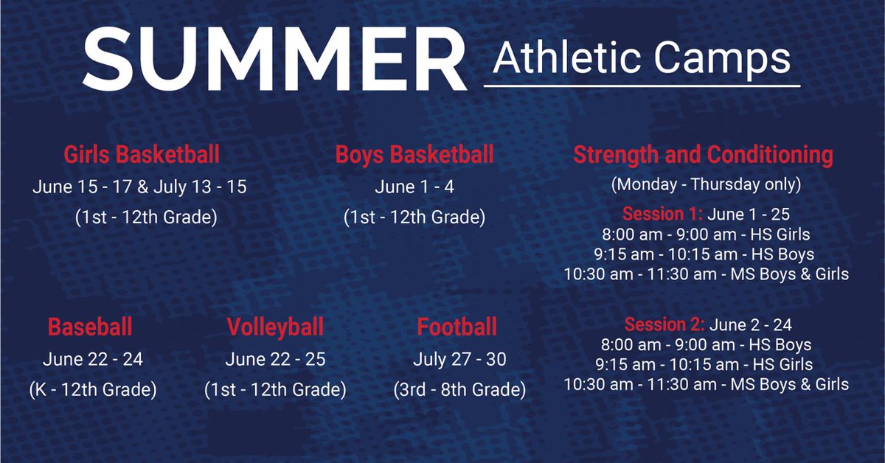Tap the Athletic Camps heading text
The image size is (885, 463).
tap(642, 58)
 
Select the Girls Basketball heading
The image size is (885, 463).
tap(142, 156)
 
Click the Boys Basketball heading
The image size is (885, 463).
tap(414, 156)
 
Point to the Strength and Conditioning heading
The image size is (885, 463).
tap(703, 156)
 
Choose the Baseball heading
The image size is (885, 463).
tap(90, 327)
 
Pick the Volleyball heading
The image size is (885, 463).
tap(275, 327)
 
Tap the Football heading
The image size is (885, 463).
tap(457, 327)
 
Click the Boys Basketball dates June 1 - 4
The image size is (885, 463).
tap(414, 187)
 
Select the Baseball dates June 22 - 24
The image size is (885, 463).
tap(93, 360)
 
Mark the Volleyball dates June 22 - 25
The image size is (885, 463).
tap(275, 360)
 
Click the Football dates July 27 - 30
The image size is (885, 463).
tap(460, 360)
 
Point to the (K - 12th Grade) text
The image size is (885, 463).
tap(92, 389)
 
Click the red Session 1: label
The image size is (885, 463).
tap(664, 215)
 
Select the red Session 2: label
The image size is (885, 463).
tap(664, 324)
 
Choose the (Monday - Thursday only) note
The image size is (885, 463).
tap(706, 184)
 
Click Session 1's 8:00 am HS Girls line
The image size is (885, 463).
tap(706, 235)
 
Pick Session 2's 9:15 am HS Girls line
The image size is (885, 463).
tap(706, 364)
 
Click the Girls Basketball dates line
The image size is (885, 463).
tap(139, 187)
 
